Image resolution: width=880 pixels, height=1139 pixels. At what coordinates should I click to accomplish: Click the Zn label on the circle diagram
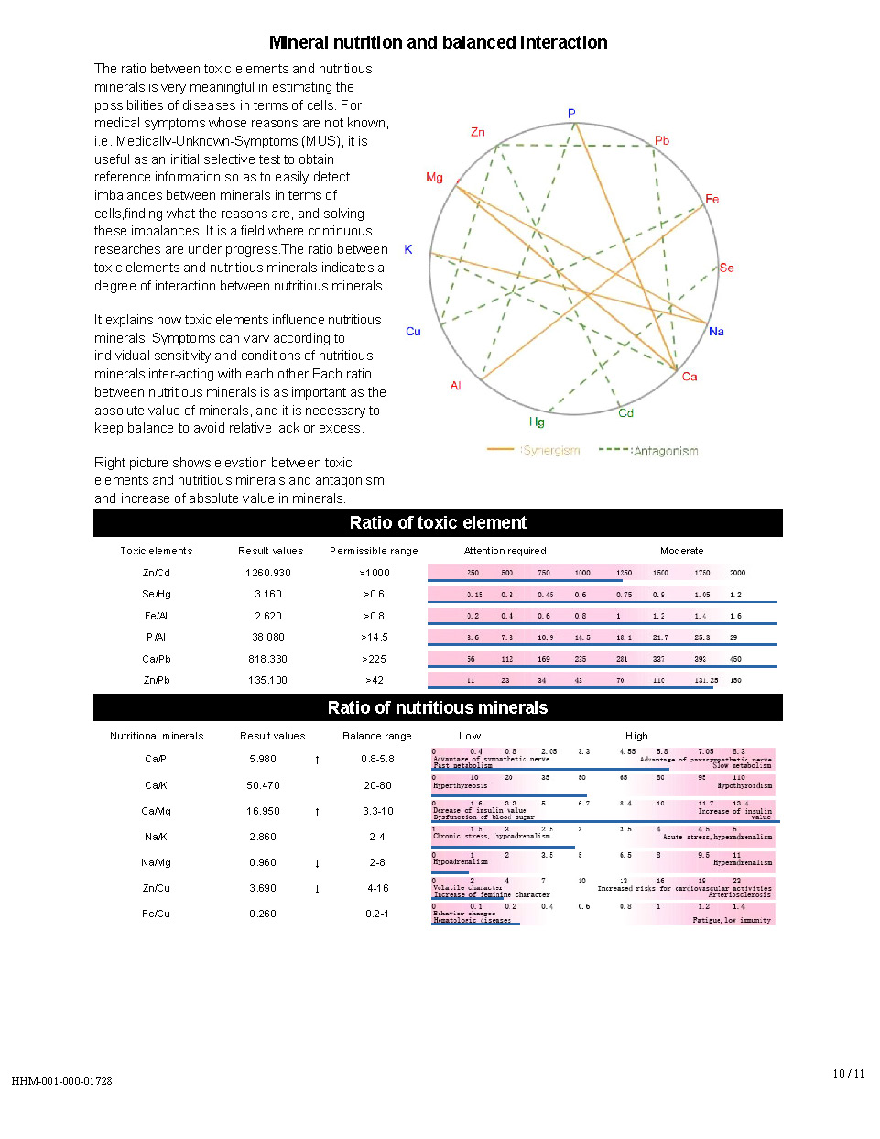click(x=477, y=132)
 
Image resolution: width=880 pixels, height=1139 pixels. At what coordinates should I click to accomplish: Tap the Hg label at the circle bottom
click(x=537, y=422)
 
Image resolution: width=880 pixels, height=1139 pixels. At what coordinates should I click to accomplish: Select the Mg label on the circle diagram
click(x=434, y=177)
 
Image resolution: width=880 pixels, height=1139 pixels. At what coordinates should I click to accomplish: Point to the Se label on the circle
click(x=726, y=268)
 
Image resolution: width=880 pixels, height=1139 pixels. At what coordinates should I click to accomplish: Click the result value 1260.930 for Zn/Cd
click(x=268, y=573)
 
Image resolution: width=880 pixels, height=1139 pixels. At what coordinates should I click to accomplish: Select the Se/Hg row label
click(x=157, y=594)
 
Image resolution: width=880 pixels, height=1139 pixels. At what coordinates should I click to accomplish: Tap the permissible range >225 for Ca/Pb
click(x=374, y=659)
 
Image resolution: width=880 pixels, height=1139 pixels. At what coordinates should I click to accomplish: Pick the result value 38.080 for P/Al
click(x=268, y=637)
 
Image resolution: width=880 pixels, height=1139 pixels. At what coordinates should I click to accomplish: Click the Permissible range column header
click(x=374, y=551)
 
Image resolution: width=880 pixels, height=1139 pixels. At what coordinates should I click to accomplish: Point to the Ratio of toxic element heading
click(x=438, y=522)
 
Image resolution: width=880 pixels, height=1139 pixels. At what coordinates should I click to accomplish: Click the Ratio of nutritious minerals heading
click(x=438, y=707)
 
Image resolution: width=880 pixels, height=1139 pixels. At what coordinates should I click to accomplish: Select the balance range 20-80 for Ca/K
click(x=377, y=785)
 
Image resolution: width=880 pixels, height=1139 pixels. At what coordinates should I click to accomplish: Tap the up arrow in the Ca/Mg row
click(x=317, y=812)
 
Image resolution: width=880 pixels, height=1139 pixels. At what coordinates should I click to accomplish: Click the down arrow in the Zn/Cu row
click(x=317, y=889)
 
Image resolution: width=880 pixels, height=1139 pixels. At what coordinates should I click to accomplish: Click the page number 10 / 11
click(x=848, y=1073)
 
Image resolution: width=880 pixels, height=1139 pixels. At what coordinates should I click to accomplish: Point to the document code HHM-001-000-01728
click(x=61, y=1081)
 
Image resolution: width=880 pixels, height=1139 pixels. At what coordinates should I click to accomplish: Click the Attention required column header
click(x=505, y=551)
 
